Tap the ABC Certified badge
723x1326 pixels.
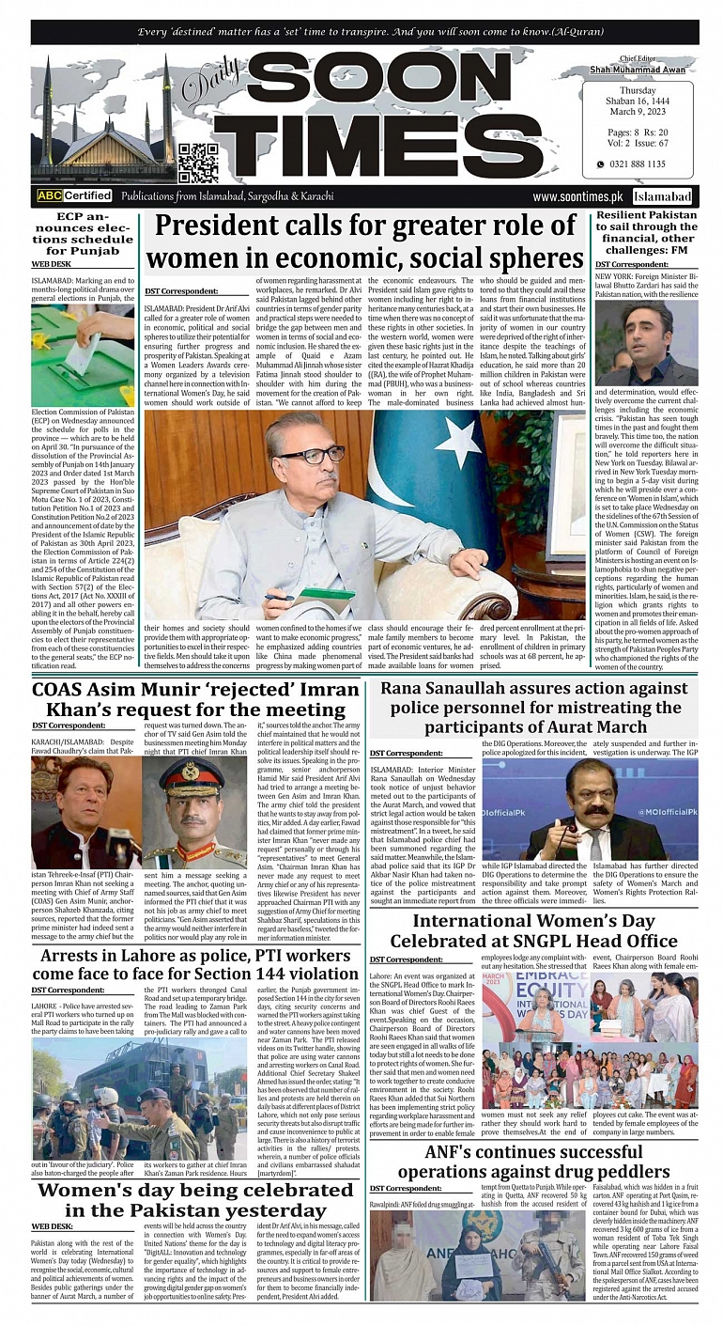(74, 196)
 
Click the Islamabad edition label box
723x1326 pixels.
(662, 197)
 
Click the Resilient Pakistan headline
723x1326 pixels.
(647, 233)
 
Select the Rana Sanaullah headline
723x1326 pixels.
(538, 708)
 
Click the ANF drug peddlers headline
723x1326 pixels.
(533, 1162)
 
